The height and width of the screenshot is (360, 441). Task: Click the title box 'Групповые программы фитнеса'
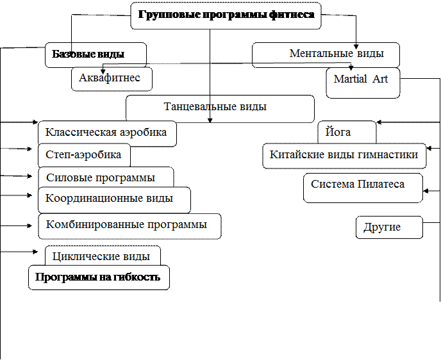pyautogui.click(x=226, y=15)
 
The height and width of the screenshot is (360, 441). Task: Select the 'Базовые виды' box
pyautogui.click(x=96, y=54)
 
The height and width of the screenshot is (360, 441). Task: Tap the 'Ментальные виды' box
pyautogui.click(x=326, y=54)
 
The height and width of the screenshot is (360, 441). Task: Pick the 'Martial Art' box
pyautogui.click(x=363, y=83)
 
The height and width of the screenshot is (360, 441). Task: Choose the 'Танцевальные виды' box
pyautogui.click(x=220, y=108)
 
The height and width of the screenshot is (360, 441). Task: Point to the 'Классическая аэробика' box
pyautogui.click(x=107, y=133)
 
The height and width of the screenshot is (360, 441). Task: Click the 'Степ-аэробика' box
pyautogui.click(x=84, y=155)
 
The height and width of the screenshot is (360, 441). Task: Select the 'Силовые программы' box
pyautogui.click(x=106, y=177)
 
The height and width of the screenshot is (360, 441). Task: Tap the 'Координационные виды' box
pyautogui.click(x=114, y=199)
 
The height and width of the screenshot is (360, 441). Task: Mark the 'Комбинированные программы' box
pyautogui.click(x=129, y=225)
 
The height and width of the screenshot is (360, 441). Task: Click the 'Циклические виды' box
pyautogui.click(x=103, y=256)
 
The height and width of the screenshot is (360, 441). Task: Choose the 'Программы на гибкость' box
pyautogui.click(x=99, y=277)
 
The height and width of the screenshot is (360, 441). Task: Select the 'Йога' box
pyautogui.click(x=347, y=133)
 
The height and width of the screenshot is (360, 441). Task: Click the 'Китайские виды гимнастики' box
pyautogui.click(x=344, y=156)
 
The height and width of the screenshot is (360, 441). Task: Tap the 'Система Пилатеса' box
pyautogui.click(x=363, y=187)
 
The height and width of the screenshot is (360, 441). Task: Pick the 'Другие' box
pyautogui.click(x=389, y=227)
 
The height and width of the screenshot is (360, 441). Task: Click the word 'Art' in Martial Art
pyautogui.click(x=381, y=79)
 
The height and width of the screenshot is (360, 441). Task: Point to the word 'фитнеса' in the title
pyautogui.click(x=292, y=15)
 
